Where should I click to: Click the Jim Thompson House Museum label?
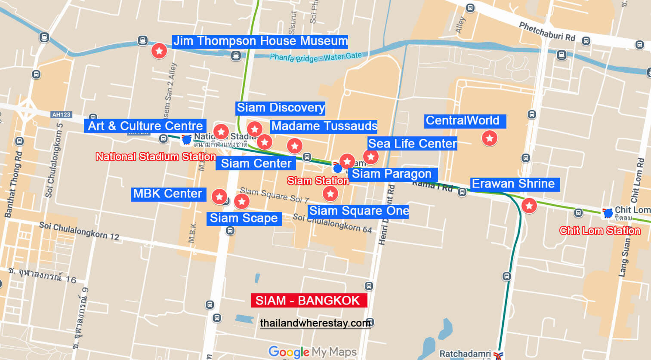260,41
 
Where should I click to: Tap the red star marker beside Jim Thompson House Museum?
159,51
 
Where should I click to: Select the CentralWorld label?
464,121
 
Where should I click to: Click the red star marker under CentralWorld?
489,138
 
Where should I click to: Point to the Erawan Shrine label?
514,184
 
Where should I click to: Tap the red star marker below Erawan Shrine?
529,206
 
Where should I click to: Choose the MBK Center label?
168,194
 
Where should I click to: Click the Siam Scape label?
244,218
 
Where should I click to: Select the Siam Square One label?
358,211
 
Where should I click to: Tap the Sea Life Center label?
412,144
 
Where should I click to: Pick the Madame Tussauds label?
324,126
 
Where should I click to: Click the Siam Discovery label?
281,108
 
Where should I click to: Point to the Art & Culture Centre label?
145,126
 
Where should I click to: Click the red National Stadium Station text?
155,157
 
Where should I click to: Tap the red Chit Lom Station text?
600,231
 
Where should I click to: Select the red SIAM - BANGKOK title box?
309,300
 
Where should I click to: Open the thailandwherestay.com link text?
315,323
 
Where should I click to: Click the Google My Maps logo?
312,352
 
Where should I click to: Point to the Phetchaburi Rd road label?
547,31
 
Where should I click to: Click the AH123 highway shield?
61,115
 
